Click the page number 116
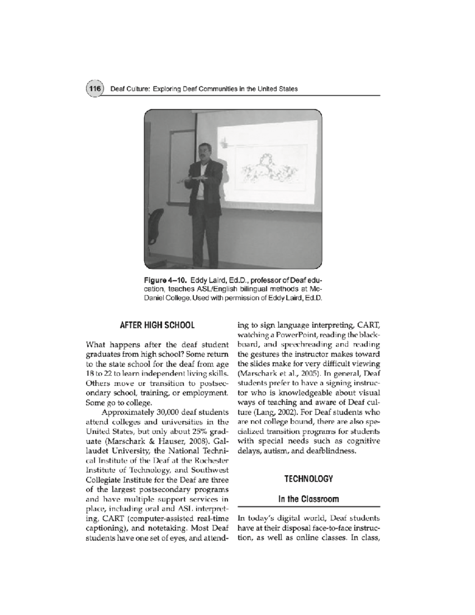94,89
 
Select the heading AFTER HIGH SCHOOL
157,325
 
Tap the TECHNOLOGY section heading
309,479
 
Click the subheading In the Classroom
309,499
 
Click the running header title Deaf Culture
128,89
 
